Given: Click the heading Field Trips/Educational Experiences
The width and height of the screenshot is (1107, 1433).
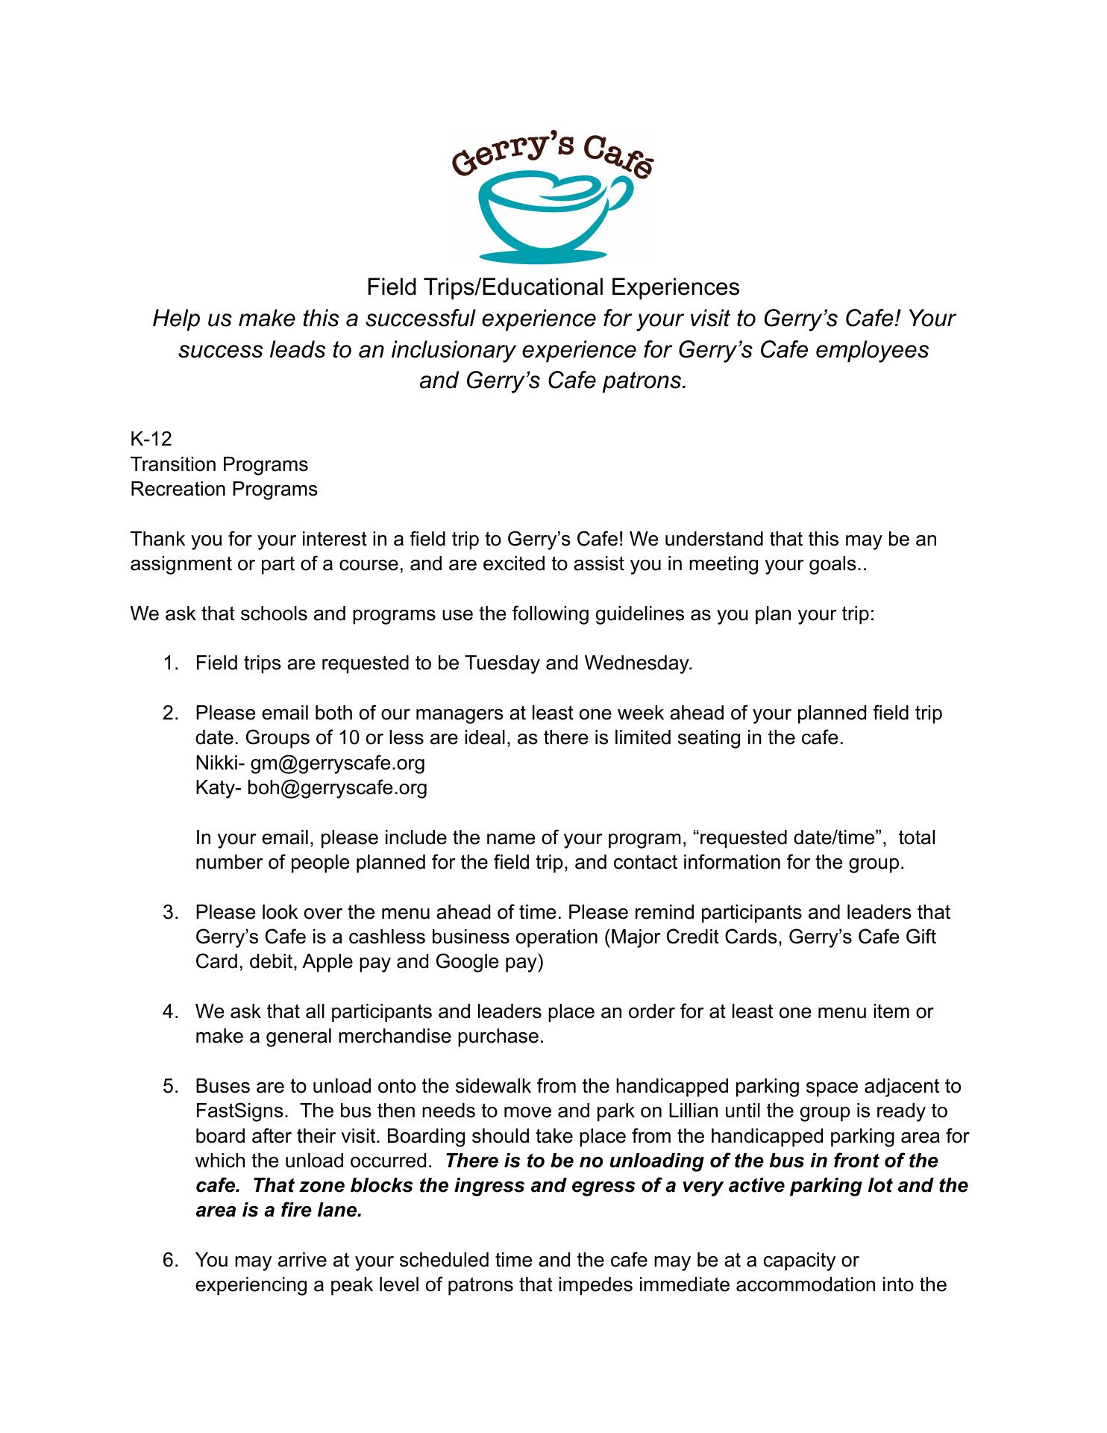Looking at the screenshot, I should point(553,287).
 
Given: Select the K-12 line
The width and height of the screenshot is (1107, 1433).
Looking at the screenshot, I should point(151,440).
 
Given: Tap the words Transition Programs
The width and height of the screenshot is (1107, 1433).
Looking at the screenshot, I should point(219,464).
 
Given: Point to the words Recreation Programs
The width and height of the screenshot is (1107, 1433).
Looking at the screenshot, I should point(224,489).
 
